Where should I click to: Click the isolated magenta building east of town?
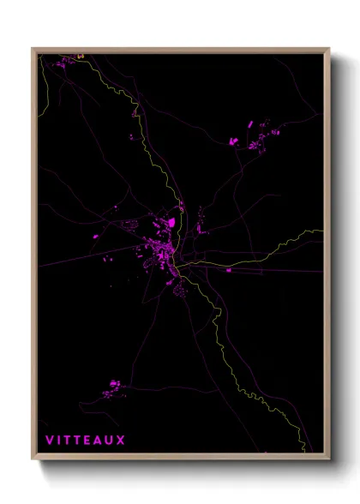tap(229, 270)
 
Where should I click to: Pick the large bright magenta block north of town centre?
tap(170, 223)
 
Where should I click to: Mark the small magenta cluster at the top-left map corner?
tap(79, 57)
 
